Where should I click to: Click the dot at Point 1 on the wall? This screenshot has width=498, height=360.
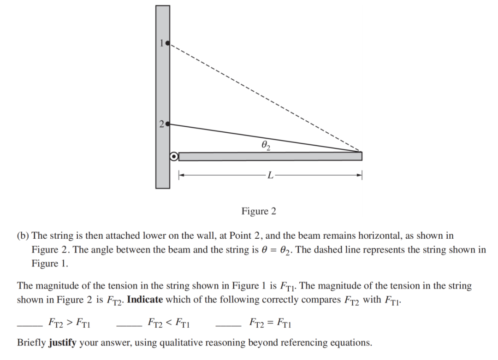(x=168, y=43)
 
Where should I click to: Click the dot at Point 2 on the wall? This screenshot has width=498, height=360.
(x=168, y=124)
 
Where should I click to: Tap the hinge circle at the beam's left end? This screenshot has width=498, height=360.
(x=174, y=157)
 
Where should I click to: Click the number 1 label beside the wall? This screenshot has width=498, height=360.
(x=162, y=43)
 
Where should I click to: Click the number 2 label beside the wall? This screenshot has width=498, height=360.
(x=161, y=124)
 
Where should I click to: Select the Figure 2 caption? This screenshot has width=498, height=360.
(x=259, y=212)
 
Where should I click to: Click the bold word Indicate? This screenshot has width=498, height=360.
(x=145, y=300)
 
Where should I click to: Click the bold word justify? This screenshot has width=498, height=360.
(x=62, y=343)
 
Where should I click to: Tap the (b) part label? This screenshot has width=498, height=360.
(x=23, y=236)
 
